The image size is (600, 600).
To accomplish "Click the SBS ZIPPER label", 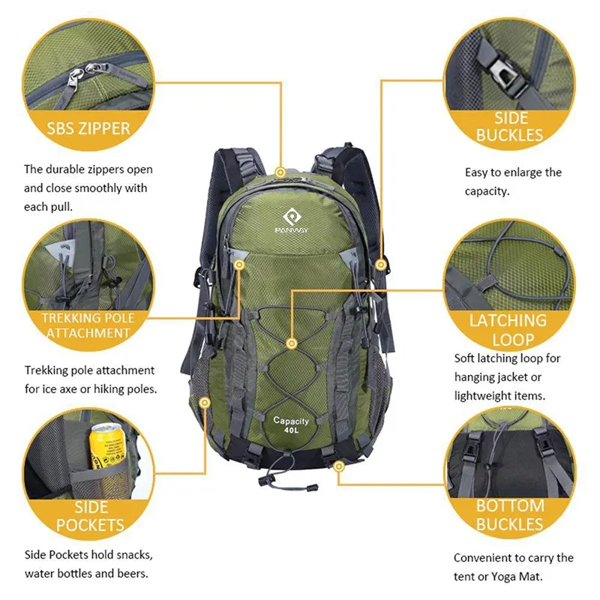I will click(x=88, y=127).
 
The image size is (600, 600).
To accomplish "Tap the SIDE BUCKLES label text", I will click(x=509, y=127).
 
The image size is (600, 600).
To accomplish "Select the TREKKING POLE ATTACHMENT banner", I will click(x=88, y=325).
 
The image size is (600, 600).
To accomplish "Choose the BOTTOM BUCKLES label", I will click(x=510, y=514).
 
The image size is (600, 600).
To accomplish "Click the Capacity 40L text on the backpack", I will click(x=290, y=426).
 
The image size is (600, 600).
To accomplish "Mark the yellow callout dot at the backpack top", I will click(x=280, y=172).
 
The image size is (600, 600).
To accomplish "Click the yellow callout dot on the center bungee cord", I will click(x=292, y=343).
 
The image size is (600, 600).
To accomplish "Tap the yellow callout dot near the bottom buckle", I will click(x=339, y=466).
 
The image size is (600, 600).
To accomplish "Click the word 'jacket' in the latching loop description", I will click(x=524, y=376).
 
